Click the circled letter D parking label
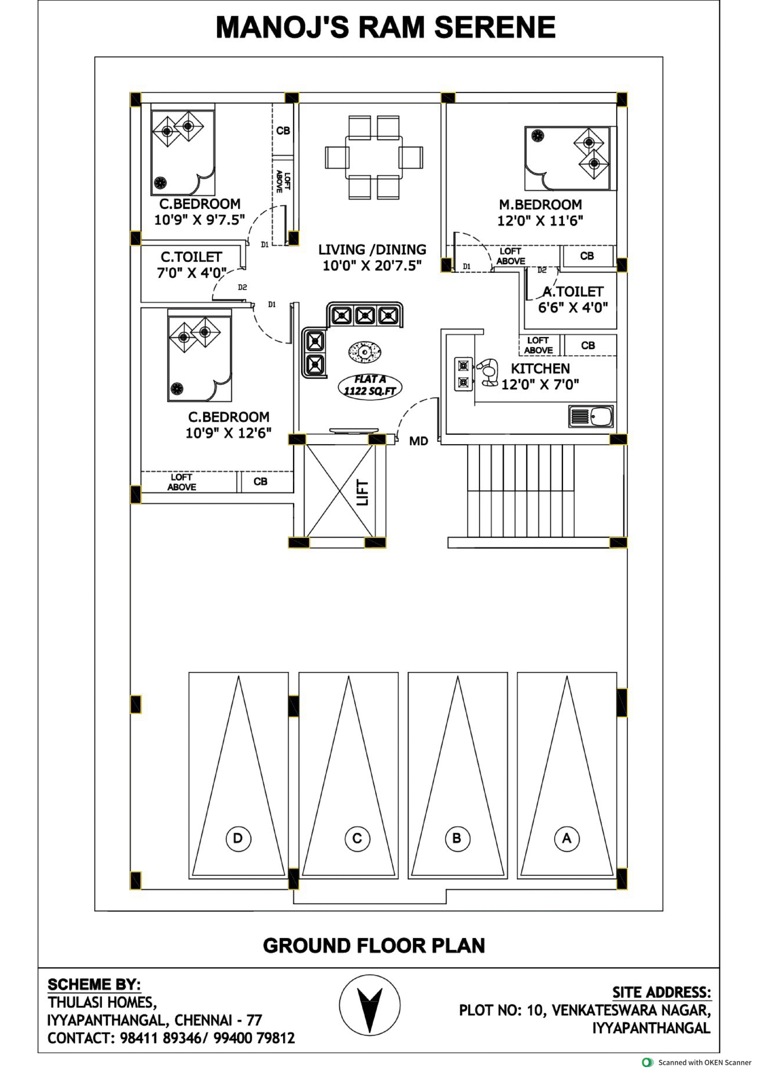238,838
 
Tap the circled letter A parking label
567,838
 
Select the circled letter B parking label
457,838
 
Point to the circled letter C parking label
357,838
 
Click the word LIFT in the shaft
362,493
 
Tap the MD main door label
418,441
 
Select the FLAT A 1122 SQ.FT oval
370,386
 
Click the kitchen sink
591,416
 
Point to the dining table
373,157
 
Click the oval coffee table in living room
365,351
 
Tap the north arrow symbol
369,1005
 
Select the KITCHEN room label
540,369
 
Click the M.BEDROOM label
540,205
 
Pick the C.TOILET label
191,257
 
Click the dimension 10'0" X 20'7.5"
372,266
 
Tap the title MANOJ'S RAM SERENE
385,27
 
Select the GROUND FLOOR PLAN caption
374,945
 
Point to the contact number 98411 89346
160,1038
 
